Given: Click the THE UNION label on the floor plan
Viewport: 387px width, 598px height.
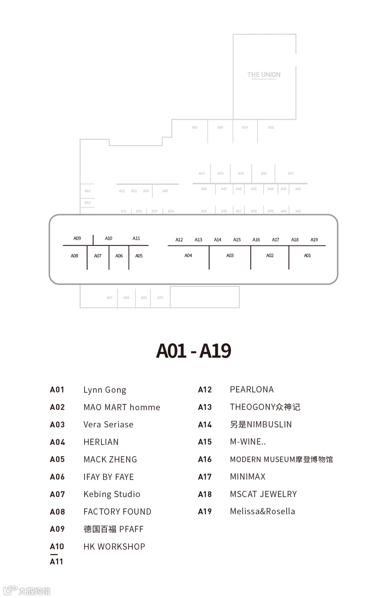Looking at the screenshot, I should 264,75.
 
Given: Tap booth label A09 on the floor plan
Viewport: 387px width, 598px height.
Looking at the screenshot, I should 77,238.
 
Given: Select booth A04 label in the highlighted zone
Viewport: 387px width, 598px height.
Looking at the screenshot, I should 188,256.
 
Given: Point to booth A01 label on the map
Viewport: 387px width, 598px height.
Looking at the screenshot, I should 307,256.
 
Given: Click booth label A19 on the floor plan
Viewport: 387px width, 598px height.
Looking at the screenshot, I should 314,240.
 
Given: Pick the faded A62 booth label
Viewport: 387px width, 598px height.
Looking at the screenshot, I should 87,191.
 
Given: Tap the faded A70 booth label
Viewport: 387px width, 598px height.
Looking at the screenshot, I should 160,298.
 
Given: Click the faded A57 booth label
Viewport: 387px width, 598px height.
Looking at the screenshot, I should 291,174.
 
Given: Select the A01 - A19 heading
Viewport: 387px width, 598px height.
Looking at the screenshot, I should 193,351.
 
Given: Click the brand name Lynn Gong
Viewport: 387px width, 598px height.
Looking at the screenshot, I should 105,390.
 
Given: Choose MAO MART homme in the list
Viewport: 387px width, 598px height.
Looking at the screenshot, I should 122,407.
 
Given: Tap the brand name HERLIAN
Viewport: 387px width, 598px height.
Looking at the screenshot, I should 101,442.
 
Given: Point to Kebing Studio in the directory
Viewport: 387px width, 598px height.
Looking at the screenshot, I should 112,494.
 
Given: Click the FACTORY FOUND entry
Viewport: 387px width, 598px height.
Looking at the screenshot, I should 117,512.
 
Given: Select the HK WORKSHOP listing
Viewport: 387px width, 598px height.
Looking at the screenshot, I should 114,546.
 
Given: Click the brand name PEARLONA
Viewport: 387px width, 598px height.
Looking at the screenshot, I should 252,389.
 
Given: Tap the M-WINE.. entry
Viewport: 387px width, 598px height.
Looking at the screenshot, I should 248,442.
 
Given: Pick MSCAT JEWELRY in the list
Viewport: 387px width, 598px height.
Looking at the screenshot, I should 263,494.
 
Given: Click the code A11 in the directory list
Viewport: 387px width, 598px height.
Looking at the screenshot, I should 57,561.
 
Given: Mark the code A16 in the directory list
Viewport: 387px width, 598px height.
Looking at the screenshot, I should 205,459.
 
